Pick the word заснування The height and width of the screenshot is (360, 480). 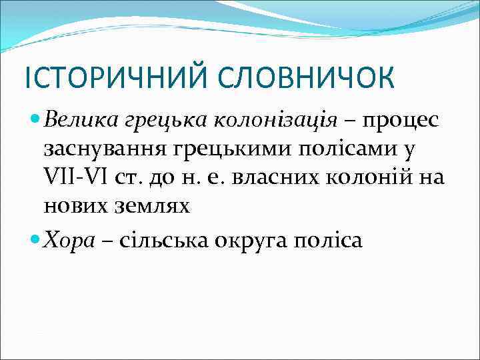(105, 148)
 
